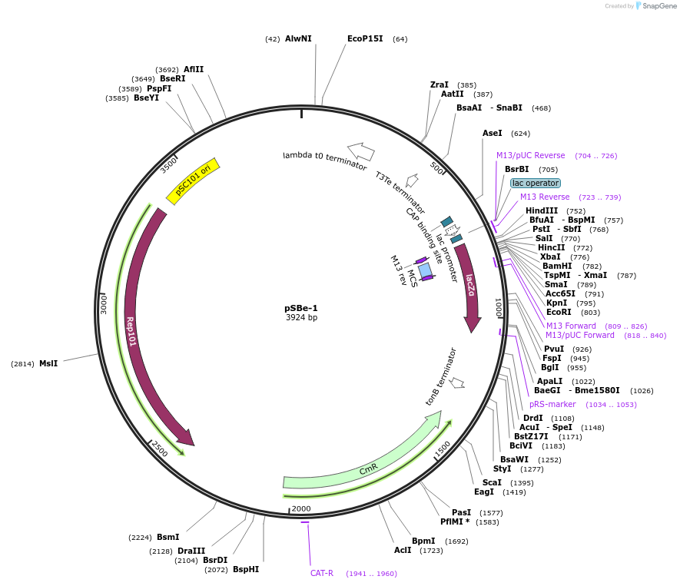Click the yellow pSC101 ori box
pyautogui.click(x=193, y=181)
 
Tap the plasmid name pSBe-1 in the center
pyautogui.click(x=301, y=308)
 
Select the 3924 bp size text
pyautogui.click(x=301, y=317)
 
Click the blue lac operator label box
pyautogui.click(x=536, y=184)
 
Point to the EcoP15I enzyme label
pyautogui.click(x=365, y=38)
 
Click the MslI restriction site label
pyautogui.click(x=48, y=363)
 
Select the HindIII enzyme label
pyautogui.click(x=542, y=210)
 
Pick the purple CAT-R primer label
pyautogui.click(x=322, y=573)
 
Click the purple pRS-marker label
pyautogui.click(x=552, y=405)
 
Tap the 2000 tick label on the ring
pyautogui.click(x=301, y=508)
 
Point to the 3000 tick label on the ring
pyautogui.click(x=104, y=304)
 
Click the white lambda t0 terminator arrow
pyautogui.click(x=361, y=152)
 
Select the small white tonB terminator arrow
pyautogui.click(x=456, y=382)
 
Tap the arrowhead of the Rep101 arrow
pyautogui.click(x=187, y=438)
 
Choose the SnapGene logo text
pyautogui.click(x=659, y=5)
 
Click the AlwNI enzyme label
pyautogui.click(x=298, y=38)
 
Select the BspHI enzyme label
pyautogui.click(x=246, y=569)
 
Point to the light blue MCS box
pyautogui.click(x=425, y=271)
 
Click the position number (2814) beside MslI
pyautogui.click(x=22, y=363)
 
